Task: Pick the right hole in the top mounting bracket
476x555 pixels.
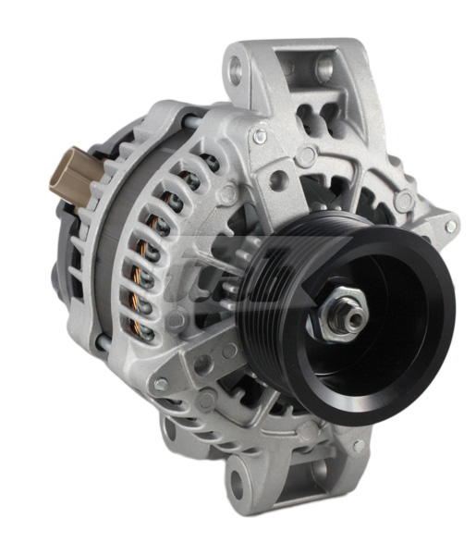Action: tap(324, 67)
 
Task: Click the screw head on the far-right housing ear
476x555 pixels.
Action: tap(450, 226)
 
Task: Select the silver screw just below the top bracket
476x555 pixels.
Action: tap(261, 136)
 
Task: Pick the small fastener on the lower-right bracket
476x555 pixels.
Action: tap(359, 446)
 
